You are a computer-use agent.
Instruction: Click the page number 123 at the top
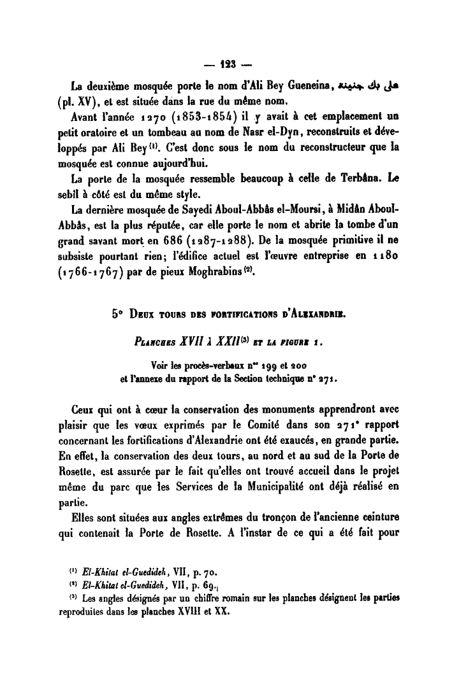tap(228, 64)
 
